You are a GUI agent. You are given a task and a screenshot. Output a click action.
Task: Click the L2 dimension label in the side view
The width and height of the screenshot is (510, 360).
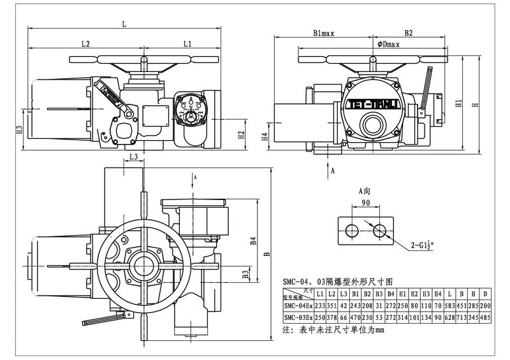click(x=85, y=44)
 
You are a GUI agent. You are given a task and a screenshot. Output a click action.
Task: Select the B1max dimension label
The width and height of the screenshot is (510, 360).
click(x=324, y=32)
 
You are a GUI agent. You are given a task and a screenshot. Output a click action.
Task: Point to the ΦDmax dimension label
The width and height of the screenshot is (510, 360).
click(x=388, y=44)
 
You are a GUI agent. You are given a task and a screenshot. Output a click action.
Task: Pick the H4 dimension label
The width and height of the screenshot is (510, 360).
click(x=264, y=136)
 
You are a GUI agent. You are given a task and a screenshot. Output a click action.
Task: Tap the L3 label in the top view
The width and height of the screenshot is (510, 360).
click(x=133, y=156)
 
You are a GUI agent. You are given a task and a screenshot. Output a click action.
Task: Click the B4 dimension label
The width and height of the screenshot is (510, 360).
click(x=253, y=241)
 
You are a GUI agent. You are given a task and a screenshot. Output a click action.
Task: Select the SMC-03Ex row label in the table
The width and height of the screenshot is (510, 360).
click(x=298, y=317)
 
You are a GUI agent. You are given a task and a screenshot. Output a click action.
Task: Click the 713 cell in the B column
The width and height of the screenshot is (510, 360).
click(x=462, y=317)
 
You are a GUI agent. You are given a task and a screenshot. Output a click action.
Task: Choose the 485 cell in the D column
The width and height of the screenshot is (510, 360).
click(x=486, y=317)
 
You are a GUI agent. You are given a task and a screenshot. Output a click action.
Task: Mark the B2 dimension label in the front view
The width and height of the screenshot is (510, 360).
click(x=409, y=32)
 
